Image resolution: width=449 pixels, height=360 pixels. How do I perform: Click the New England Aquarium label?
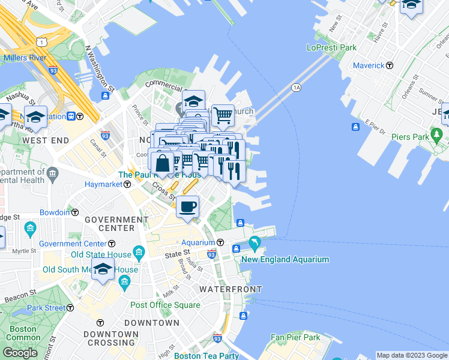point(285,259)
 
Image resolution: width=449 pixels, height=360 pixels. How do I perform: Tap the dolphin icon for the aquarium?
point(255,243)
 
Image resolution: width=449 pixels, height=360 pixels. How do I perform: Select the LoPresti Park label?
point(331,47)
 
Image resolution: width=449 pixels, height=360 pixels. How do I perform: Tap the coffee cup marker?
point(188,208)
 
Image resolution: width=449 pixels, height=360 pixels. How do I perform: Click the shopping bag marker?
point(163,163)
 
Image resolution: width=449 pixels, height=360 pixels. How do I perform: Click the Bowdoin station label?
point(55,212)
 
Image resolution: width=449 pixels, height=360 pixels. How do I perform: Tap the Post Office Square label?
point(165,305)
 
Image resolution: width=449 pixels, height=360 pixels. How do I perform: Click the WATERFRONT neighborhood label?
point(231,289)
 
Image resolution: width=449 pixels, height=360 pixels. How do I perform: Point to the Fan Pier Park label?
point(295,337)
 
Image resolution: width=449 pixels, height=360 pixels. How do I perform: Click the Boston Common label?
point(23,333)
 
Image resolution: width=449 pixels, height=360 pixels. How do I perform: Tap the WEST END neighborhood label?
point(43,140)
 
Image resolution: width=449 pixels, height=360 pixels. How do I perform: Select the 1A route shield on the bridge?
point(296,88)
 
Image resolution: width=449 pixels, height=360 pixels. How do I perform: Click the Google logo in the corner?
point(20,353)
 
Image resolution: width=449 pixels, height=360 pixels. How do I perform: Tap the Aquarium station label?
point(198,242)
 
